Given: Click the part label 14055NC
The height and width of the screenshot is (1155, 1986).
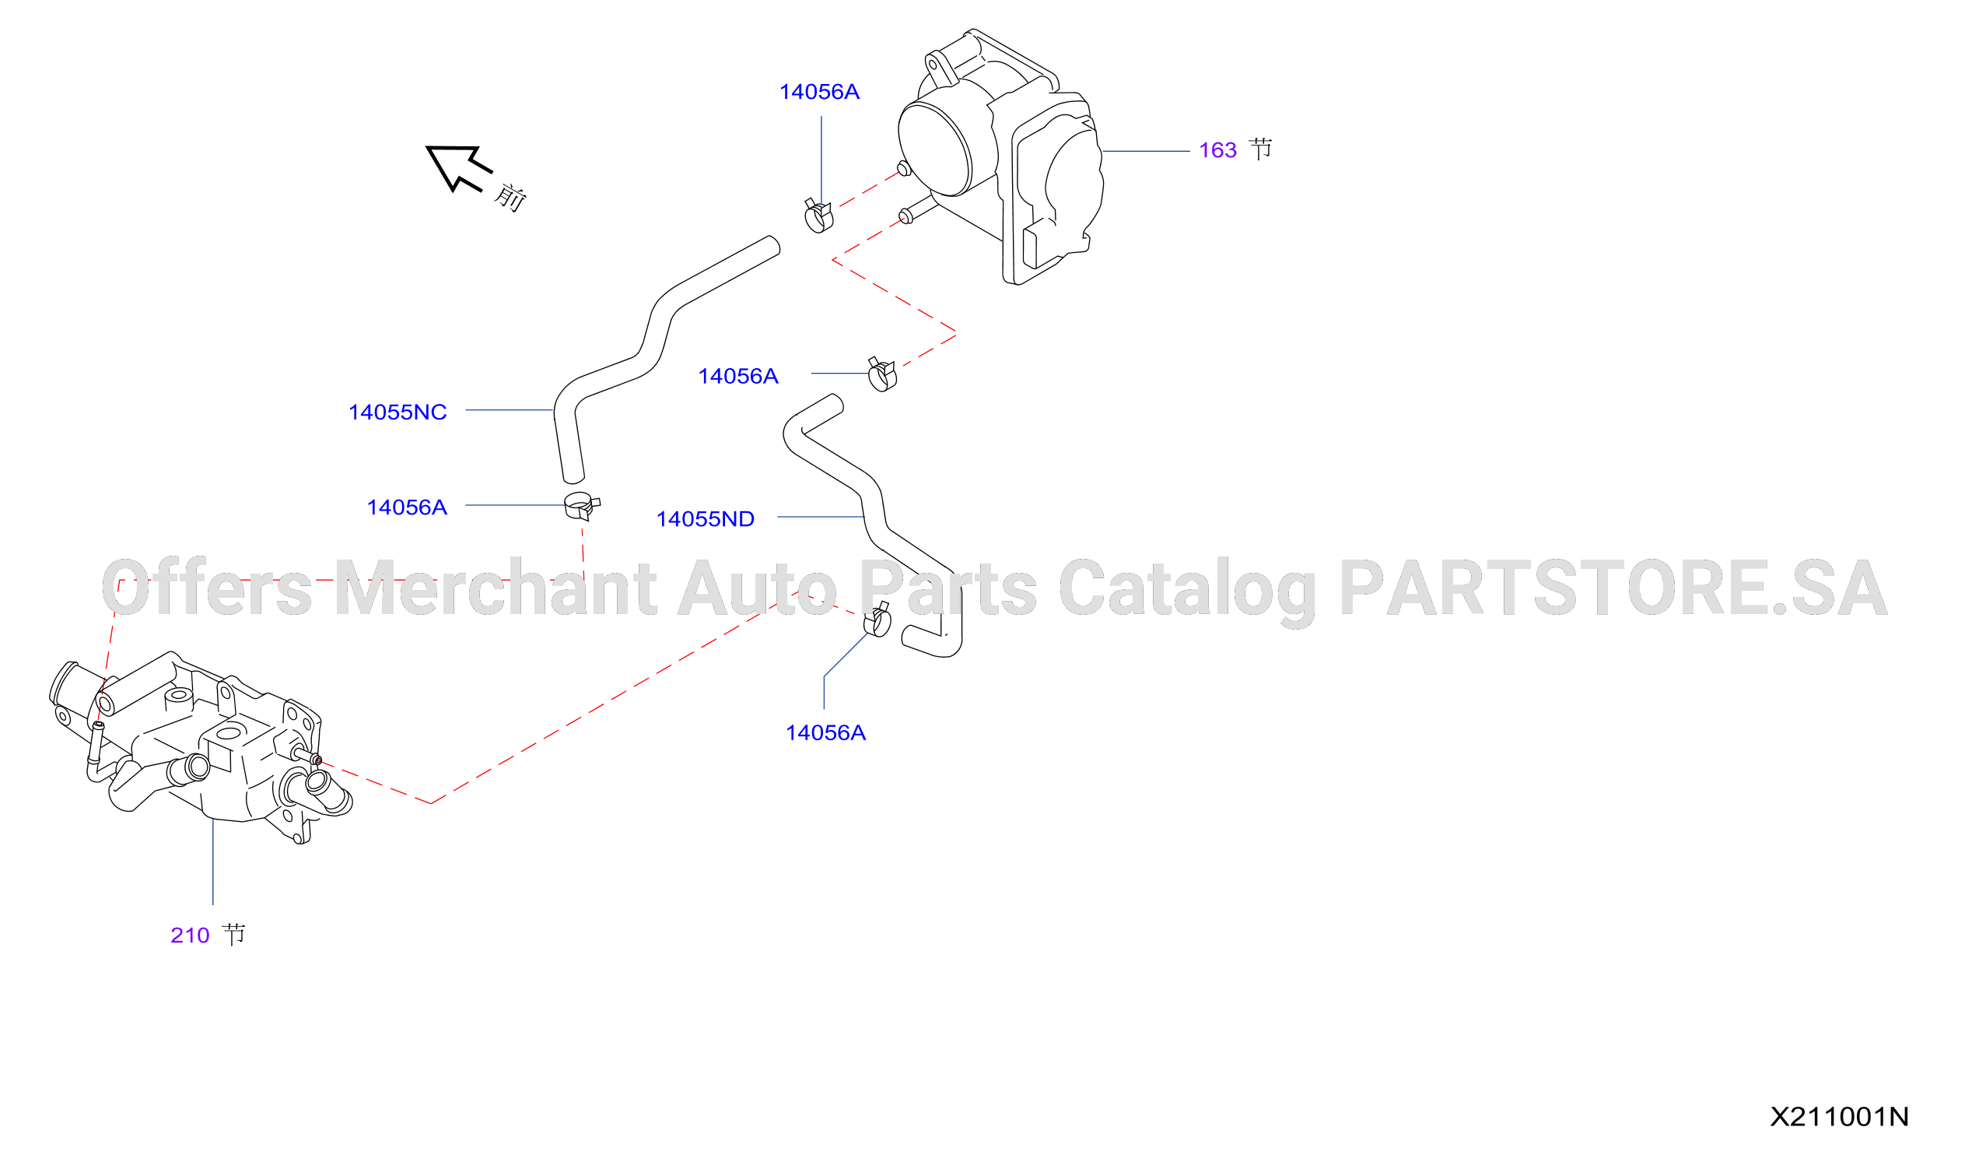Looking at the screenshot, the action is [398, 412].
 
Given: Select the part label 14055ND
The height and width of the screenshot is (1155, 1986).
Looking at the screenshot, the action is [706, 519].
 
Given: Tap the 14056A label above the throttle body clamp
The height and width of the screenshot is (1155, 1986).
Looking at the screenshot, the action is [819, 93].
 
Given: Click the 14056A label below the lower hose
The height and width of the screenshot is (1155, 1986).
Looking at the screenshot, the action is [825, 732].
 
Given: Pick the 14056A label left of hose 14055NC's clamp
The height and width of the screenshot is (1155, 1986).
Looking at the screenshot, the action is [407, 507].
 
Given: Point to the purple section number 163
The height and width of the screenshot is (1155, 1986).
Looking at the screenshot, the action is [1217, 149].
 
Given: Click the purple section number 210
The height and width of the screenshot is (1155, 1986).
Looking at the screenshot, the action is [190, 935].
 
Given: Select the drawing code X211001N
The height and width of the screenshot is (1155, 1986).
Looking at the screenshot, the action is [1840, 1116].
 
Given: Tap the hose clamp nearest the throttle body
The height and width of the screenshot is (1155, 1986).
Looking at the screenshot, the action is [818, 216].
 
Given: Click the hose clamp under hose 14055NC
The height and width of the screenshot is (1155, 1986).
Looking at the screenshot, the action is [582, 506].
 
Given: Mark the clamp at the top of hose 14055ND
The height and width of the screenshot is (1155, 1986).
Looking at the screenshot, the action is [882, 374].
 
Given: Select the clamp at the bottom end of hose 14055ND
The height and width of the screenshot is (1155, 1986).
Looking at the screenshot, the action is [877, 620].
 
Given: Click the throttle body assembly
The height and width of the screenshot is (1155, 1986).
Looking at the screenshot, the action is [1001, 158].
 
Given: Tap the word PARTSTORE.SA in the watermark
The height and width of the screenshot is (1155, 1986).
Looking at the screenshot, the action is [1613, 588].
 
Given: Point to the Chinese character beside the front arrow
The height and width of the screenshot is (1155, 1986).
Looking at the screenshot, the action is [510, 197].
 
